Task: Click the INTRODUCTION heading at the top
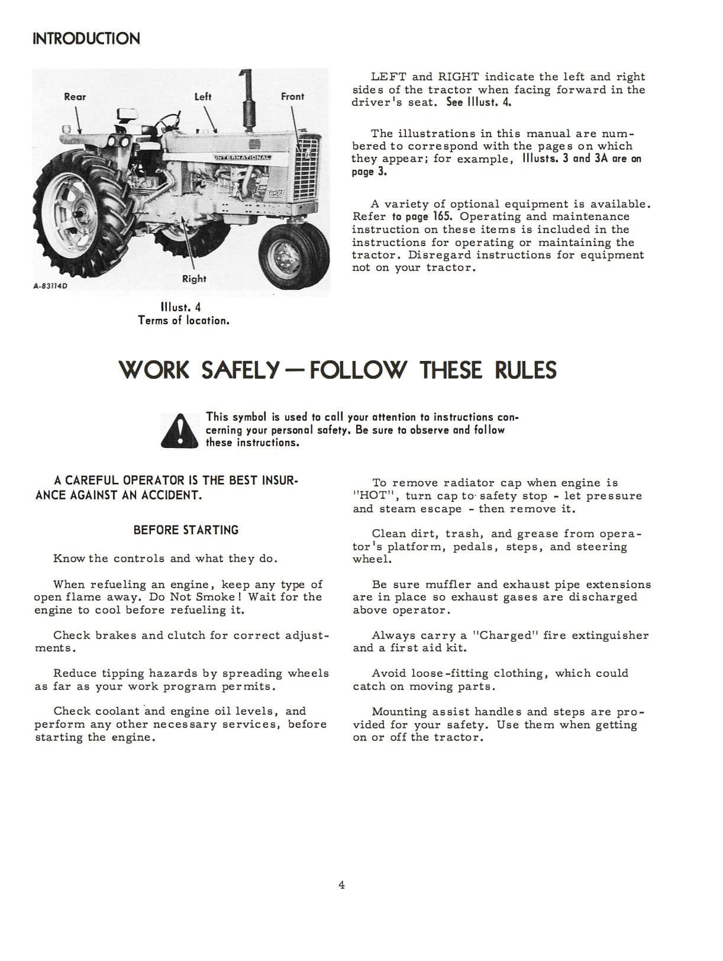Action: click(x=86, y=39)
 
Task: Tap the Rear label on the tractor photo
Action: click(x=75, y=97)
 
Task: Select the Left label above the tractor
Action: click(x=203, y=96)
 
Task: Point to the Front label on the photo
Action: click(x=292, y=96)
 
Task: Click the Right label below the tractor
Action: click(x=194, y=279)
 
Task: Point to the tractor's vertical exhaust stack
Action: click(x=247, y=101)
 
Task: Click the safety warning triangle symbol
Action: click(x=179, y=430)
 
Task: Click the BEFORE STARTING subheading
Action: click(x=186, y=530)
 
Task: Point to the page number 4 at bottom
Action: click(x=341, y=885)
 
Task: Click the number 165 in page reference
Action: click(x=444, y=217)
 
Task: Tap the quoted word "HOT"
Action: click(x=372, y=496)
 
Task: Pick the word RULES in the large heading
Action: click(x=525, y=370)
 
